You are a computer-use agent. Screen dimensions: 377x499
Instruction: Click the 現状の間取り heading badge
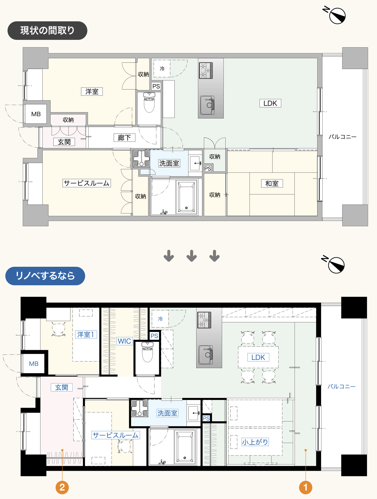[x=47, y=30]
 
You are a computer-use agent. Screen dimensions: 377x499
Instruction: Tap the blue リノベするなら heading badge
[x=45, y=276]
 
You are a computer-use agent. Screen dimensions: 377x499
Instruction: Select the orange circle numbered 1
[x=305, y=487]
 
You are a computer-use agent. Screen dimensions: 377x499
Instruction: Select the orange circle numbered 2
[x=62, y=487]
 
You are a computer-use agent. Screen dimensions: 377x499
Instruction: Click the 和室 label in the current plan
[x=272, y=184]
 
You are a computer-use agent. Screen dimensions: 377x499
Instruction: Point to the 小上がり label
[x=255, y=442]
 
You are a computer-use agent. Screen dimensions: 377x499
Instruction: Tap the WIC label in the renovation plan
[x=124, y=341]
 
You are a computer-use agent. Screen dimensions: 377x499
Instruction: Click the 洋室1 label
[x=86, y=335]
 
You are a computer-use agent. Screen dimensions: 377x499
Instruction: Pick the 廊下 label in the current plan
[x=124, y=137]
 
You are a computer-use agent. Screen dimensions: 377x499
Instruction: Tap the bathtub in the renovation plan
[x=185, y=447]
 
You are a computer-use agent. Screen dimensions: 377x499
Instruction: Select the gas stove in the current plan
[x=206, y=71]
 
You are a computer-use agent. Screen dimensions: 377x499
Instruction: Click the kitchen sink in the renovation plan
[x=206, y=355]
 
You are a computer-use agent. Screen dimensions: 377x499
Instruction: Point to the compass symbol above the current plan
[x=335, y=15]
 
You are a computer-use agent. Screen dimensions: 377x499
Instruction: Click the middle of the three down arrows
[x=192, y=256]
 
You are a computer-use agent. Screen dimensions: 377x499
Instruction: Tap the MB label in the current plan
[x=36, y=114]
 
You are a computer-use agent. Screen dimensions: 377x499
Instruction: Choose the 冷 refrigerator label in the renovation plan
[x=161, y=319]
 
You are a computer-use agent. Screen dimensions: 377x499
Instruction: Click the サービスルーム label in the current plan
[x=87, y=183]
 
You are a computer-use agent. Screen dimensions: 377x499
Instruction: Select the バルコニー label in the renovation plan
[x=341, y=386]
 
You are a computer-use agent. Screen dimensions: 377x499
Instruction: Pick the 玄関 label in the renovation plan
[x=62, y=387]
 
